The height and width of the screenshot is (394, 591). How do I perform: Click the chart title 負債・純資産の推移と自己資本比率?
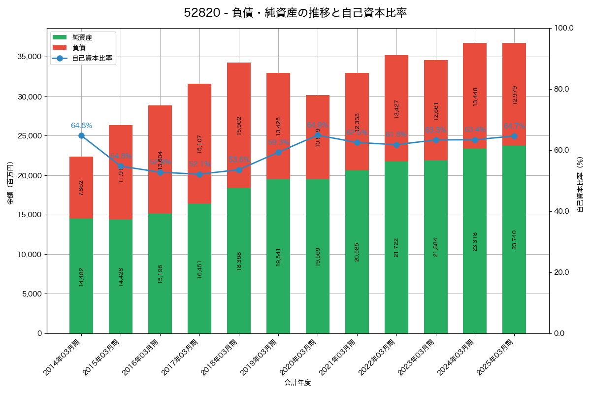pyautogui.click(x=295, y=13)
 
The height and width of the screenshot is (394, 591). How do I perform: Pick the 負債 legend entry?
pyautogui.click(x=79, y=48)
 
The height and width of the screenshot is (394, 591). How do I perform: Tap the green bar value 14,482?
pyautogui.click(x=81, y=276)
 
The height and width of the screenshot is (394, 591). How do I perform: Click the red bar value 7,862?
pyautogui.click(x=81, y=188)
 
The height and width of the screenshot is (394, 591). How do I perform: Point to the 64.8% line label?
pyautogui.click(x=81, y=126)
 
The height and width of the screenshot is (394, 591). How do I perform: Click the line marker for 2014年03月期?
pyautogui.click(x=81, y=136)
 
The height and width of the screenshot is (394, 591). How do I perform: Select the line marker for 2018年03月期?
pyautogui.click(x=239, y=170)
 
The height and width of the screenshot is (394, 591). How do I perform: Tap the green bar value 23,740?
pyautogui.click(x=514, y=239)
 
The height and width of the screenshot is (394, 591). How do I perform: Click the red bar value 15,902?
pyautogui.click(x=239, y=126)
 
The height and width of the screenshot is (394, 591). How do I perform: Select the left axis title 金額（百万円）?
pyautogui.click(x=10, y=183)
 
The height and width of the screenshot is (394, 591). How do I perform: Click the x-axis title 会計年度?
pyautogui.click(x=297, y=383)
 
